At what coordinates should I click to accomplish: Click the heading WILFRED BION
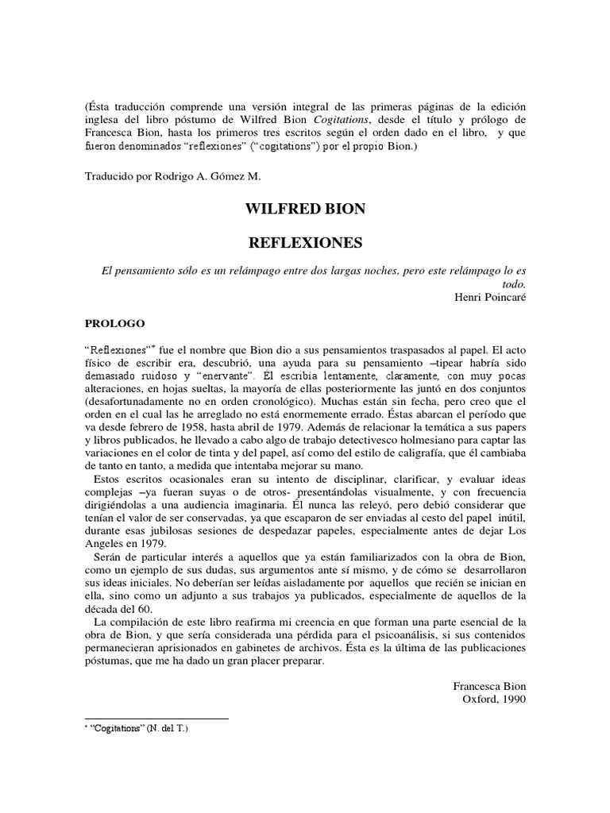(305, 210)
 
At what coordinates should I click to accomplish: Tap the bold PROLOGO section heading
(114, 324)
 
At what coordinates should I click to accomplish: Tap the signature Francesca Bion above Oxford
(489, 686)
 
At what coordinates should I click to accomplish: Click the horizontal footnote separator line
(156, 719)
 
